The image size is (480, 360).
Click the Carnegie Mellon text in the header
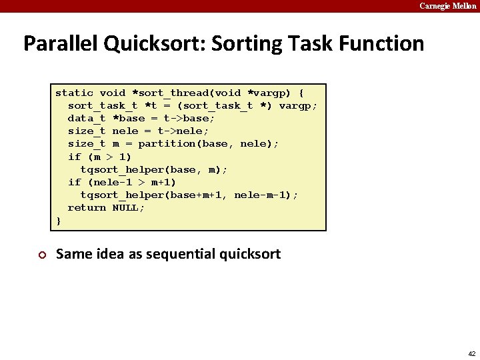coord(447,6)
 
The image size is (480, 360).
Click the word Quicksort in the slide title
coord(154,44)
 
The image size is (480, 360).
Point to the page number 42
coord(471,353)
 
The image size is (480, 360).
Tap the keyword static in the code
coord(74,93)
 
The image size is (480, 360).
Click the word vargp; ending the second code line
coord(298,105)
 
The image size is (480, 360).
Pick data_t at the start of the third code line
coord(87,118)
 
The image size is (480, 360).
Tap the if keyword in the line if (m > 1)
coord(74,157)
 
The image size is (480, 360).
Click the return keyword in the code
coord(87,207)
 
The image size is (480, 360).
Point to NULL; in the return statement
coord(129,207)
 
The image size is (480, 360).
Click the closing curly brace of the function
coord(59,220)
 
